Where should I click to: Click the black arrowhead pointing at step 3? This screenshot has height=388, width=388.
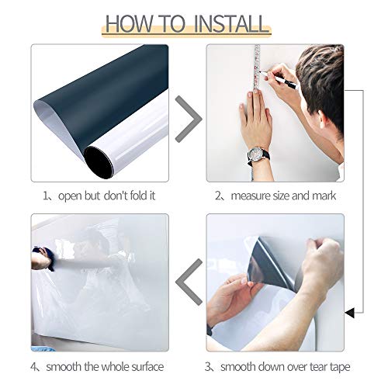pyautogui.click(x=348, y=313)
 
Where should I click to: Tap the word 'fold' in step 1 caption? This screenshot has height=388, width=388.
pyautogui.click(x=135, y=196)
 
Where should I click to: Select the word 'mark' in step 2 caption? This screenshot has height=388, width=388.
pyautogui.click(x=323, y=196)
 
